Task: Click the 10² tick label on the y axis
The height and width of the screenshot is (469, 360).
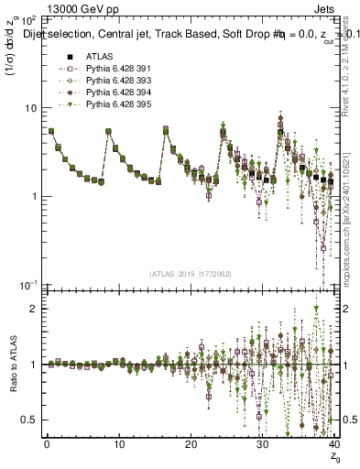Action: click(28, 19)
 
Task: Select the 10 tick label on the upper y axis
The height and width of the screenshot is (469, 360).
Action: click(30, 107)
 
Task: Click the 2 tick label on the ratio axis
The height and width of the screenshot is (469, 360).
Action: click(35, 309)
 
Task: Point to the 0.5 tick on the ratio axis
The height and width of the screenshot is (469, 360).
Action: click(30, 420)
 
